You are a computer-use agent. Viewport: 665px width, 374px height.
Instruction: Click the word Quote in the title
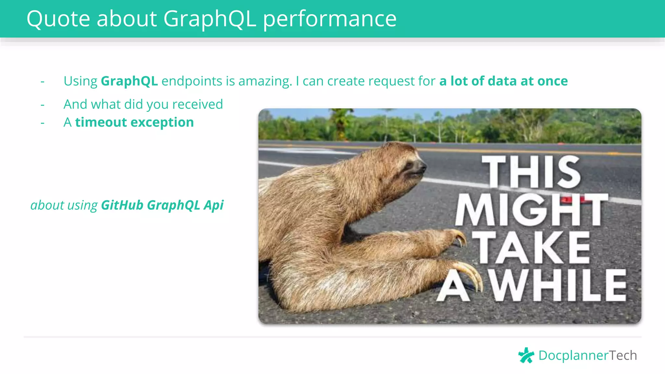click(58, 19)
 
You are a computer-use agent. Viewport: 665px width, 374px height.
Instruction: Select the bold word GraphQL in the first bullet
click(129, 81)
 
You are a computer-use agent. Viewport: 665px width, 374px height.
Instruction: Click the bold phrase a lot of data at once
click(503, 81)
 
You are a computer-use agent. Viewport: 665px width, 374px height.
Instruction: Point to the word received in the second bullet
click(197, 105)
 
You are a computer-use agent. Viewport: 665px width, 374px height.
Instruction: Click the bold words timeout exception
click(134, 122)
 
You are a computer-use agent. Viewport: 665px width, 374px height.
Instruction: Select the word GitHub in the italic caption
click(122, 205)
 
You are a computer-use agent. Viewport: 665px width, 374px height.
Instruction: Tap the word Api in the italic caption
click(214, 206)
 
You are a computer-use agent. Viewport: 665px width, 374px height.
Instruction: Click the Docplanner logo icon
click(526, 355)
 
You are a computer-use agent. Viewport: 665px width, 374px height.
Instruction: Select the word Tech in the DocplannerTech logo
click(622, 355)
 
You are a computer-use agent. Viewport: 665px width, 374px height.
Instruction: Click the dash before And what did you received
click(43, 105)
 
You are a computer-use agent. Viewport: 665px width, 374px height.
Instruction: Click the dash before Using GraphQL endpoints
click(43, 81)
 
